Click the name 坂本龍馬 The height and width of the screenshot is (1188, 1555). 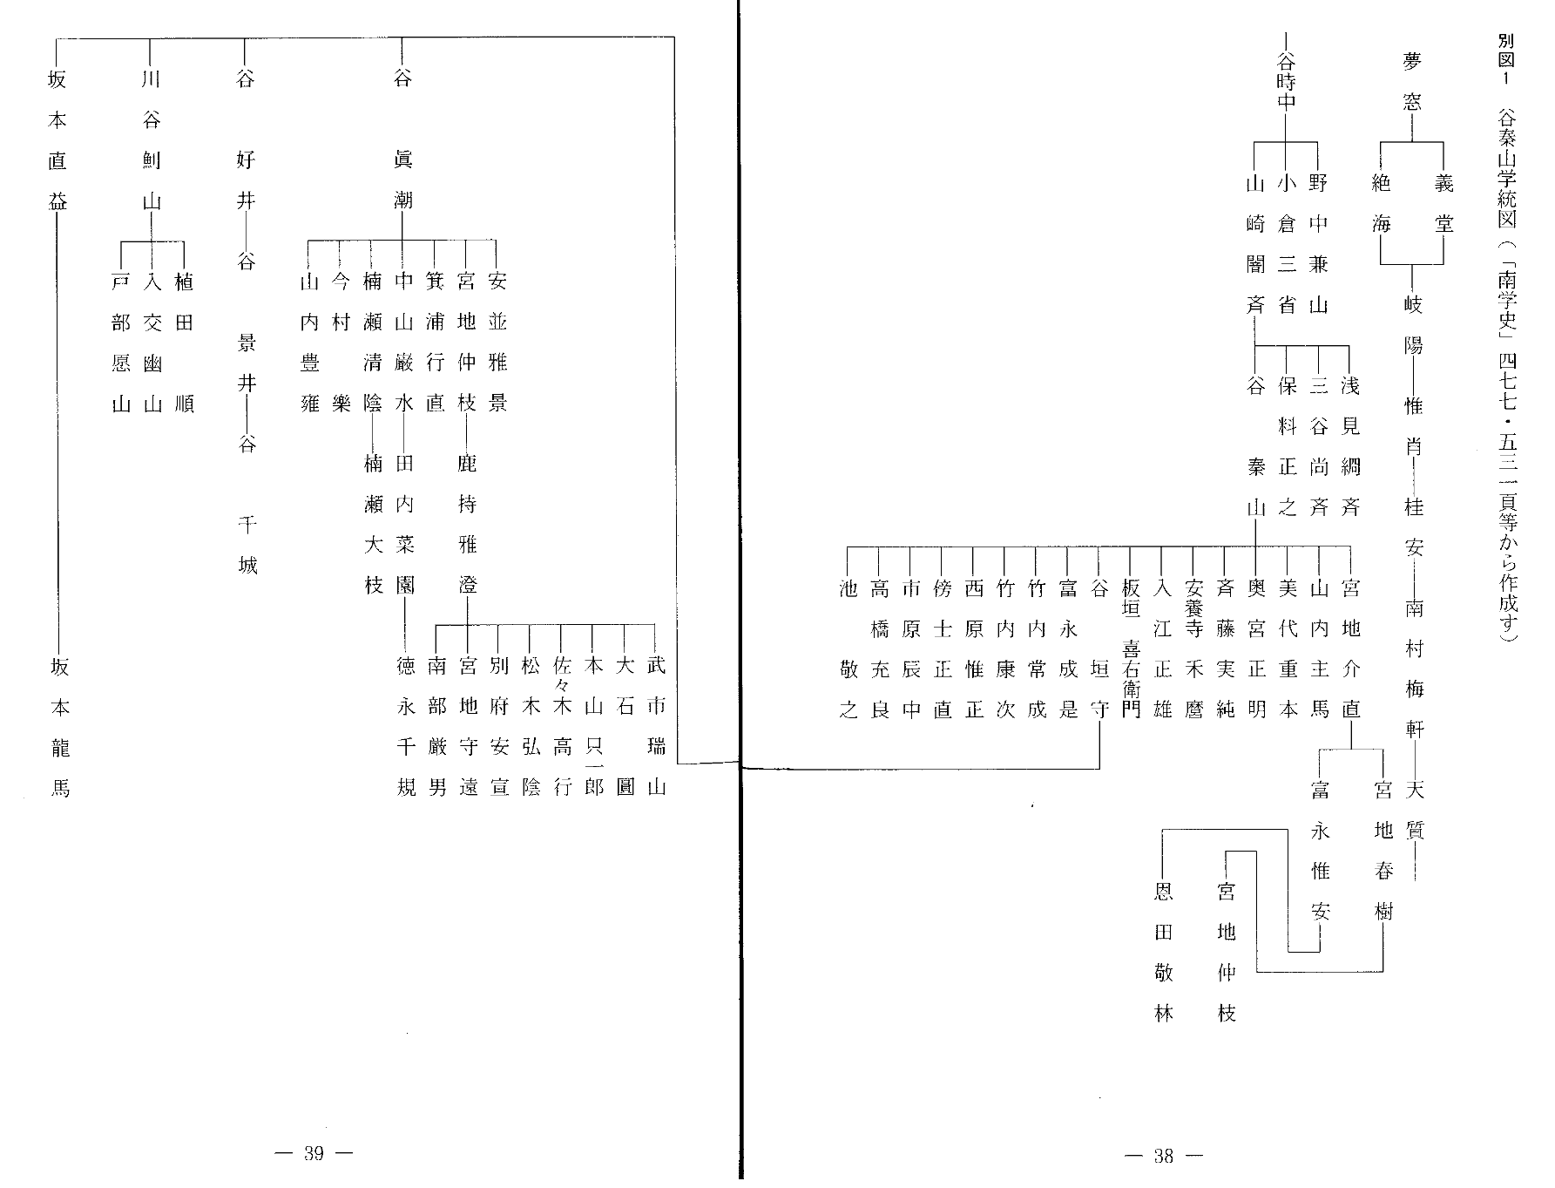click(59, 729)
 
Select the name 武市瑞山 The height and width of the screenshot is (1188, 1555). click(656, 729)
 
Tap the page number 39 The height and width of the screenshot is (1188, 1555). click(314, 1154)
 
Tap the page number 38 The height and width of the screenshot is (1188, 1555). click(1165, 1157)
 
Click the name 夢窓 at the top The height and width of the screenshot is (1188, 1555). click(1412, 81)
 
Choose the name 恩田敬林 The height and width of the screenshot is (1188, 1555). click(1164, 953)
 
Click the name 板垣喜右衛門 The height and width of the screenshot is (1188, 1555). click(1131, 648)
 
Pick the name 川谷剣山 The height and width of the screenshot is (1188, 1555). click(152, 140)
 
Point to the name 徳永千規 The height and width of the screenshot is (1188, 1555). click(406, 729)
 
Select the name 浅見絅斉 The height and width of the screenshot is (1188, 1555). click(1349, 446)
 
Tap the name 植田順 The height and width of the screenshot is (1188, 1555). click(184, 343)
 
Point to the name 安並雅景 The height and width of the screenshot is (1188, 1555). click(497, 343)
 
